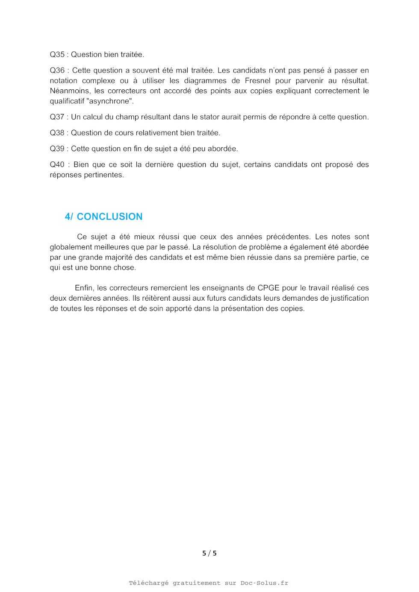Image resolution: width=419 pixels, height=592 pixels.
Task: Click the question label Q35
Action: pyautogui.click(x=57, y=55)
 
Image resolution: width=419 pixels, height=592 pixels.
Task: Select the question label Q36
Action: pyautogui.click(x=57, y=70)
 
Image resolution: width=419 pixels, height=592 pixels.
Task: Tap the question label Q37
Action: pyautogui.click(x=57, y=117)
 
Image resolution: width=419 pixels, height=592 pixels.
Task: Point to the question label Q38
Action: pyautogui.click(x=57, y=133)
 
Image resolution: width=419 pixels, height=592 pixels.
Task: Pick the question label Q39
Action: pyautogui.click(x=57, y=149)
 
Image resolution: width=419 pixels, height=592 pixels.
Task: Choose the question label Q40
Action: pyautogui.click(x=57, y=164)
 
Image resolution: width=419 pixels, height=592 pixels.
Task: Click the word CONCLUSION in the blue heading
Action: pyautogui.click(x=109, y=217)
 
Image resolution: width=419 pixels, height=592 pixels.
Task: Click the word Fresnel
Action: pyautogui.click(x=257, y=81)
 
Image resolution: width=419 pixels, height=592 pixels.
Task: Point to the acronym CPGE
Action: pyautogui.click(x=268, y=288)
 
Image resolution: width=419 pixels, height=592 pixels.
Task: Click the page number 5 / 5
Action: pyautogui.click(x=209, y=553)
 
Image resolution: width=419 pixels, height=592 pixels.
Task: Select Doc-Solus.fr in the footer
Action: pyautogui.click(x=264, y=583)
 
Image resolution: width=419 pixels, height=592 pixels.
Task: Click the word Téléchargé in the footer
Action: pyautogui.click(x=148, y=583)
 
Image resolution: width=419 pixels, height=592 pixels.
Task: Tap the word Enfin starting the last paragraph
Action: pyautogui.click(x=84, y=288)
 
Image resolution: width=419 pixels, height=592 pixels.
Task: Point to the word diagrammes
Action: pyautogui.click(x=205, y=81)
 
